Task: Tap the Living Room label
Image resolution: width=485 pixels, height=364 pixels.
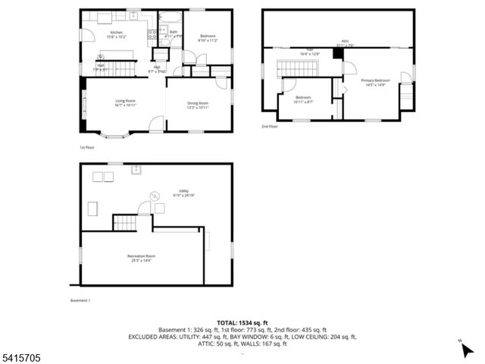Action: pos(125,103)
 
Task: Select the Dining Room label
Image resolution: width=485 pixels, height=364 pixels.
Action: pos(198,105)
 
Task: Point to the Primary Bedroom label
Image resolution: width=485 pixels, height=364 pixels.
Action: pos(376,82)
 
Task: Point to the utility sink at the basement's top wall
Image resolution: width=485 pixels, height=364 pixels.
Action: pos(138,169)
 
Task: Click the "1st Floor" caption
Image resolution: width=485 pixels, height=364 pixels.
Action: pos(87,147)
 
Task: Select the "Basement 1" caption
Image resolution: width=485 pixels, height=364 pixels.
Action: pos(80,300)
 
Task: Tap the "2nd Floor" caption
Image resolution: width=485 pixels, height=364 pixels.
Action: pos(270,127)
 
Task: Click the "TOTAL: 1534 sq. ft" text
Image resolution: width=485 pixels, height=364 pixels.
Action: pos(242,322)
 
